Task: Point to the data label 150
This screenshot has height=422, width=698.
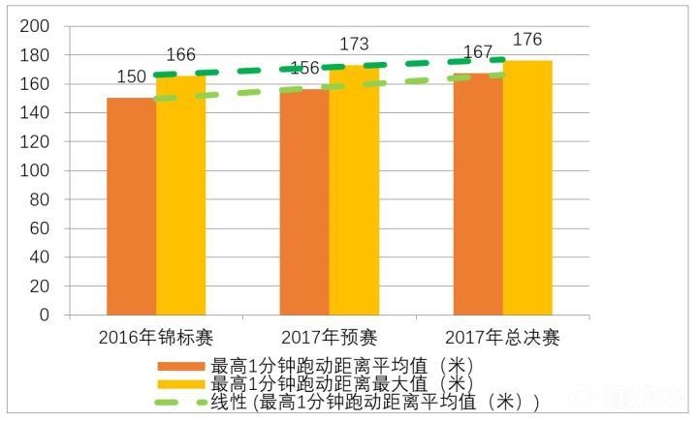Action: [131, 76]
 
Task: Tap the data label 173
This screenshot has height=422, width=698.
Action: [354, 45]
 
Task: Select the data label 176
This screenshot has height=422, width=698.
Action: [527, 40]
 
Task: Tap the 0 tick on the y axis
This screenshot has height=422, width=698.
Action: [43, 315]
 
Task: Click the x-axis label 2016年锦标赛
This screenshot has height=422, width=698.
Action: [156, 338]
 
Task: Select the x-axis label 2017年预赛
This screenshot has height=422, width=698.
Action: [330, 338]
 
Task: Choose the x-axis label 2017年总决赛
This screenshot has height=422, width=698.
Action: [502, 338]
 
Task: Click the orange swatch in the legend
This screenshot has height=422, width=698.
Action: [181, 366]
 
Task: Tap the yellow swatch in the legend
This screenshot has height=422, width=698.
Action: [181, 384]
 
